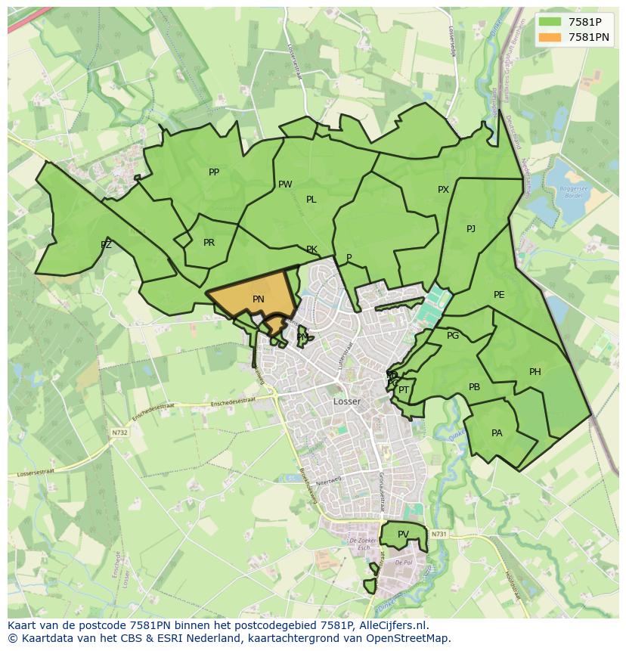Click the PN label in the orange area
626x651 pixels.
pos(258,299)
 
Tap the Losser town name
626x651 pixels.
pos(347,401)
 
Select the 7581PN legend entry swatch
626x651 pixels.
pos(550,37)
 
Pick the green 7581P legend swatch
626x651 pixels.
pos(550,22)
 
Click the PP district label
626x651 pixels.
pos(214,172)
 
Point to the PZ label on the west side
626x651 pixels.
pos(106,244)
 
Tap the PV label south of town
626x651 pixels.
pos(403,535)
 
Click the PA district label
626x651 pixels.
pos(497,433)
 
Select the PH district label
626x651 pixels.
pos(535,371)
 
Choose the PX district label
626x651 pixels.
pos(444,190)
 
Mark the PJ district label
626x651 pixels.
pos(471,228)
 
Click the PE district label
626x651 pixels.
pos(499,295)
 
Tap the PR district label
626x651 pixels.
pos(209,243)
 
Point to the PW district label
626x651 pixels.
pos(285,184)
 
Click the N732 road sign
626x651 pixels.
pos(119,433)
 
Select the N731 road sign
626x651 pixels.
pos(439,535)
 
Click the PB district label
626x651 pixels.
pos(474,387)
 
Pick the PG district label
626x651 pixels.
pos(453,336)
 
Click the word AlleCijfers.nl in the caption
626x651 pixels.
pos(392,625)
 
